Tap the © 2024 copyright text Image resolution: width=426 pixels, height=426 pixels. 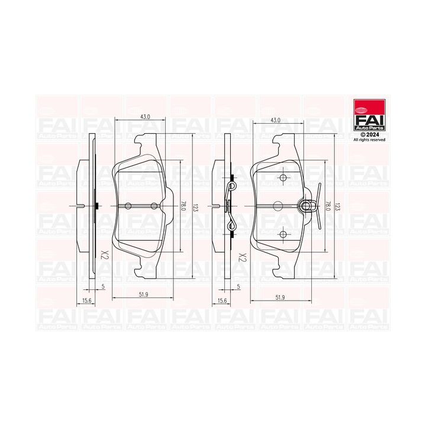pos(361,134)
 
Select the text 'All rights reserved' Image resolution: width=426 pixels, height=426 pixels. pos(369,140)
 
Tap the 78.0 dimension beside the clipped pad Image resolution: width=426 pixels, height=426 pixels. pos(327,206)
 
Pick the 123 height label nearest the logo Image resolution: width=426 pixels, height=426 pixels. pos(337,206)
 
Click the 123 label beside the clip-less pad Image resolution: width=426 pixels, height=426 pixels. pos(195,206)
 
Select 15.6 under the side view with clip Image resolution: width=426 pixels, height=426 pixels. pos(222,301)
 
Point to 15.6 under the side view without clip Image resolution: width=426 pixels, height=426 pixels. pos(86,301)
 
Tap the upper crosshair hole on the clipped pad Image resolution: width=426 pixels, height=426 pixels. pos(283,178)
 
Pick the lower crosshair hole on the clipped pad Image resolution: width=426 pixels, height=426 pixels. pos(283,234)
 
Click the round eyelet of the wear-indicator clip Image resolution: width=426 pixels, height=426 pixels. pos(306,206)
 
